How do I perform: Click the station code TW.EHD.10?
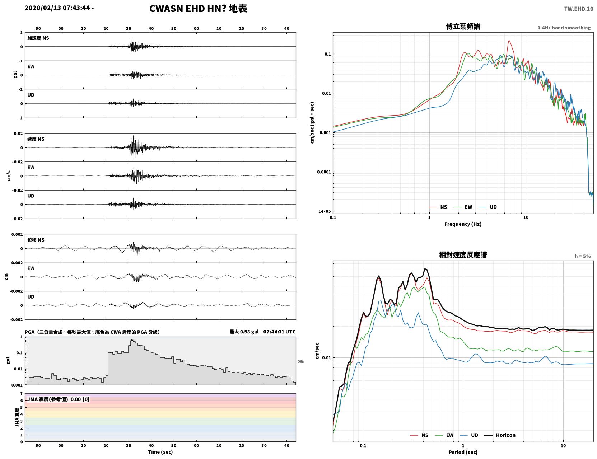click(579, 9)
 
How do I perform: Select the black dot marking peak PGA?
click(132, 341)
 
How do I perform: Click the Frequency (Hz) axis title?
click(463, 224)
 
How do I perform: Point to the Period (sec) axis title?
click(463, 452)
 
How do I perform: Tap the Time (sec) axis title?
click(160, 452)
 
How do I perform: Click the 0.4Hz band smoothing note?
click(564, 28)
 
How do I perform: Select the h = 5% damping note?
click(582, 256)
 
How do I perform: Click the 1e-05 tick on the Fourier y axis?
click(325, 211)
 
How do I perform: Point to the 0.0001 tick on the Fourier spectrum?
click(324, 172)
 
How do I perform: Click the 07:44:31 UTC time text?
click(279, 332)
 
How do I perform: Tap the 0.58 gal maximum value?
click(249, 332)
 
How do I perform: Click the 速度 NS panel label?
click(36, 139)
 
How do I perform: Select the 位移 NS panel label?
click(36, 240)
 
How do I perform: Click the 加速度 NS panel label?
click(38, 38)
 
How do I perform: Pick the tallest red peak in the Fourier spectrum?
click(509, 41)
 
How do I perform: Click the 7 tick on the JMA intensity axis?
click(22, 394)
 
